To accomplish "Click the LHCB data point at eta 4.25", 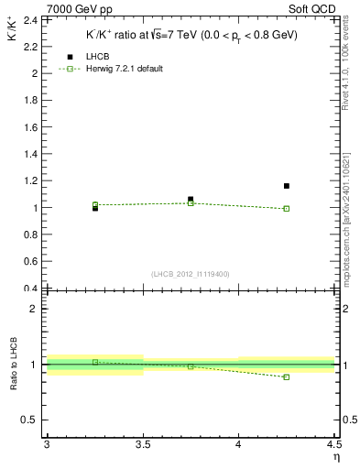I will tap(287, 186).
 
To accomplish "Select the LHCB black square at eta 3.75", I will tap(191, 199).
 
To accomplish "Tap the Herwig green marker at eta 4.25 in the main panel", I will tap(287, 209).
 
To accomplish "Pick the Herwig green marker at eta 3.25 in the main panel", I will tap(95, 204).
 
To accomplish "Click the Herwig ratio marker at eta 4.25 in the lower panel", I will tap(287, 376).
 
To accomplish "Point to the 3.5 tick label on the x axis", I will tap(143, 445).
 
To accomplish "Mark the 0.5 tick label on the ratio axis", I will tap(29, 420).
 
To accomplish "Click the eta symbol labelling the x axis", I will tap(336, 457).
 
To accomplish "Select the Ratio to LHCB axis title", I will tap(13, 365).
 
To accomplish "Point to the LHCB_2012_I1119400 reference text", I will tap(191, 274).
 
